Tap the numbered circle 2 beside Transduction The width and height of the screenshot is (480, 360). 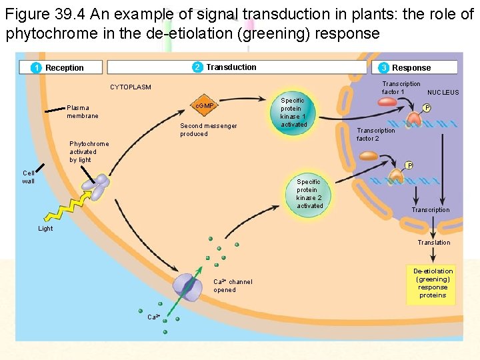[197, 67]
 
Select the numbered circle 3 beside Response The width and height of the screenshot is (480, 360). [384, 67]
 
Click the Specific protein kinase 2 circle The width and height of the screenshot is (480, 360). [309, 193]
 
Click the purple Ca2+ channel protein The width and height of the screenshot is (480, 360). [187, 285]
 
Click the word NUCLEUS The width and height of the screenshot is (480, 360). [443, 93]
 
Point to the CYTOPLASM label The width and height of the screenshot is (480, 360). [131, 87]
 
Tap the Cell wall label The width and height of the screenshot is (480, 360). [29, 177]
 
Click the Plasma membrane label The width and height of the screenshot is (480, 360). [83, 112]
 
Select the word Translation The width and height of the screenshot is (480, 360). [433, 243]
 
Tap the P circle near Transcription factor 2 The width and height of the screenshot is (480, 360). [409, 165]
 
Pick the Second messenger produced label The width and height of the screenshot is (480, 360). [208, 130]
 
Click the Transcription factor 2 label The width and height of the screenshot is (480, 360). [375, 135]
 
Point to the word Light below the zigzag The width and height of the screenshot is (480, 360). [45, 229]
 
